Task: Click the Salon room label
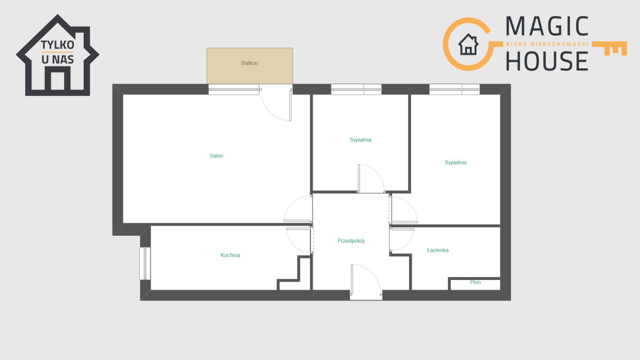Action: tap(217, 156)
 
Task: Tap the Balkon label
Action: tap(250, 63)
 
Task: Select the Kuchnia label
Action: tap(230, 255)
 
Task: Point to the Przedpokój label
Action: tap(351, 241)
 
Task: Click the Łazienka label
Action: tap(438, 250)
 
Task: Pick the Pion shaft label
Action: tap(475, 282)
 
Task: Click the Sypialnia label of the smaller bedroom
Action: tap(361, 140)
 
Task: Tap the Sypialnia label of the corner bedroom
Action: tap(455, 163)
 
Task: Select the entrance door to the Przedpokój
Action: tap(366, 280)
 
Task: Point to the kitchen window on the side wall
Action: tap(145, 263)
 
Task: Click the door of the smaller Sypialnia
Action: tap(371, 179)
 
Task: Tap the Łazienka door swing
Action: tap(402, 239)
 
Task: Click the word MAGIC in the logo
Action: tap(547, 26)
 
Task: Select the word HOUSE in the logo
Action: tap(547, 61)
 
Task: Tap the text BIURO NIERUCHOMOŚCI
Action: tap(547, 44)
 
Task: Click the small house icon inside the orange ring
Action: tap(468, 44)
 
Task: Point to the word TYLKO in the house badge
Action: tap(58, 45)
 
